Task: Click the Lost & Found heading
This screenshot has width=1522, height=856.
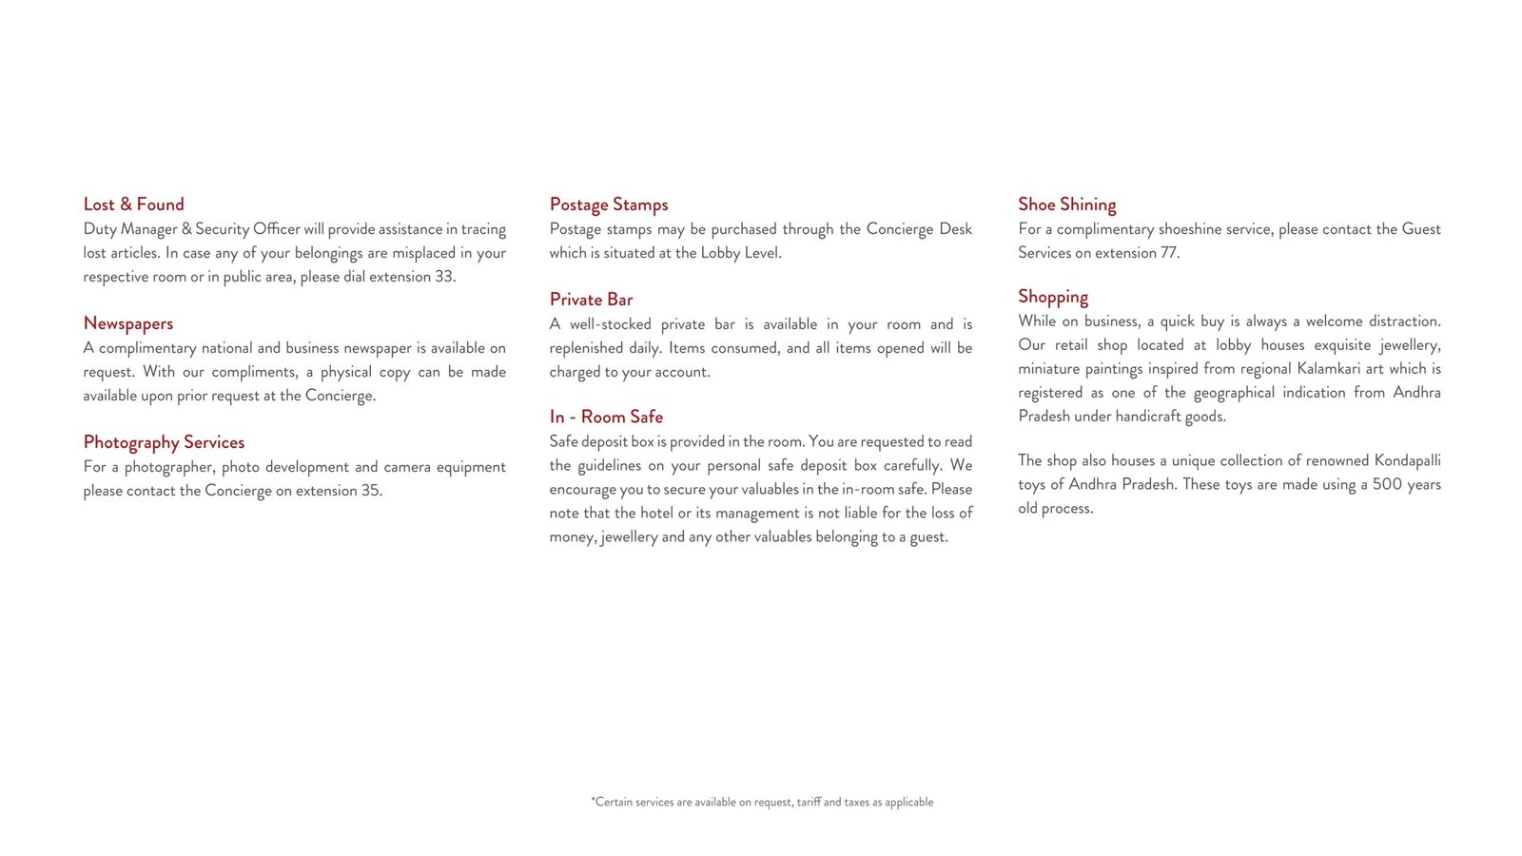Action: [x=133, y=204]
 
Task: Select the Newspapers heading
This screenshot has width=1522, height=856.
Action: [x=128, y=323]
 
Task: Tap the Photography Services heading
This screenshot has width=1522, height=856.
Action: [x=164, y=442]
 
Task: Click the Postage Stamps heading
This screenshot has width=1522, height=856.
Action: [x=609, y=204]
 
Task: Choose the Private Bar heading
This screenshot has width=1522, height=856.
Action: [x=591, y=300]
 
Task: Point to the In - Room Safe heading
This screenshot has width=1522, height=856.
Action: [x=606, y=417]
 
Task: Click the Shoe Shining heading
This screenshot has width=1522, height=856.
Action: [x=1066, y=204]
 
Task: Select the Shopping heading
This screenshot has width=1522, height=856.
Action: [x=1053, y=297]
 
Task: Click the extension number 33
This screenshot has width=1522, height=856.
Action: [x=444, y=277]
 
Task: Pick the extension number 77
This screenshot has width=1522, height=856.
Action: [x=1169, y=253]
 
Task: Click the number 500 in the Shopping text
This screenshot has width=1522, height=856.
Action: [x=1387, y=484]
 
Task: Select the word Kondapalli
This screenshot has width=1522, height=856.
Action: [x=1407, y=460]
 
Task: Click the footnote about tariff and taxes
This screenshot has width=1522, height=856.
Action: [x=762, y=803]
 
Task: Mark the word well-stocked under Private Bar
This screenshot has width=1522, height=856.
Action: [x=610, y=324]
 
